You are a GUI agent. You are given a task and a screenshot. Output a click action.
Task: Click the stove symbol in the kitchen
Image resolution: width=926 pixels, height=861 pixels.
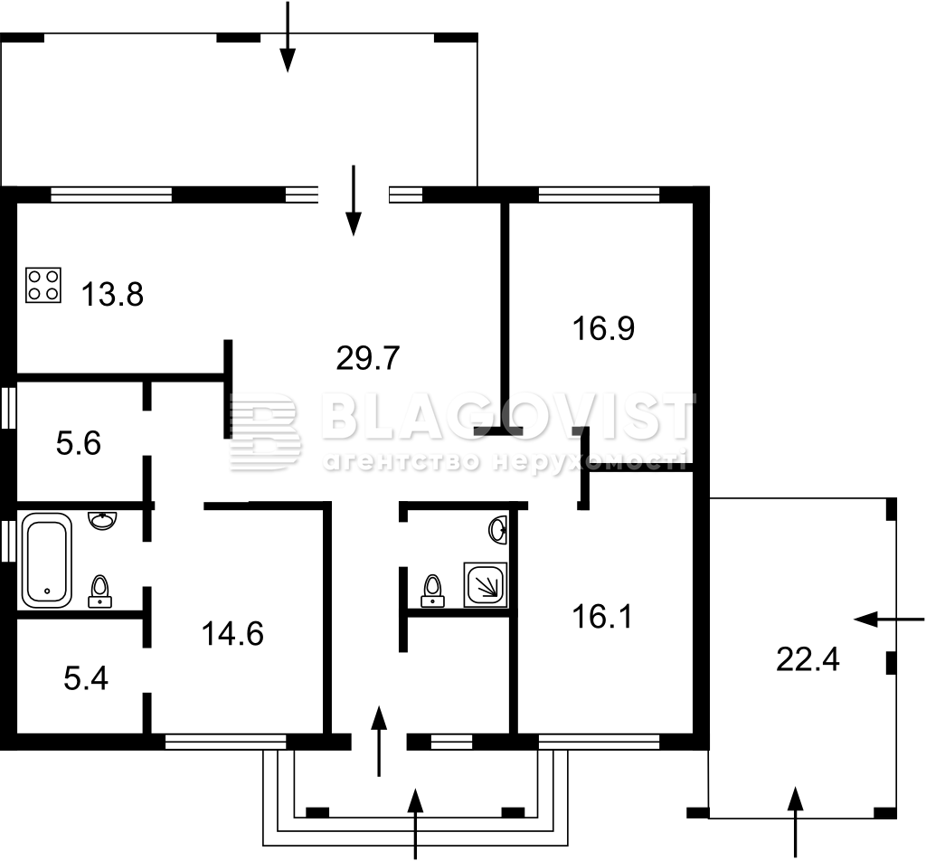(x=43, y=285)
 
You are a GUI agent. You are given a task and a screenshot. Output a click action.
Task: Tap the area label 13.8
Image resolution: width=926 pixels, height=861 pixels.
(x=112, y=294)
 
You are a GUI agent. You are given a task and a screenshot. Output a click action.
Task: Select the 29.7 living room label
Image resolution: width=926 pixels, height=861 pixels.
(x=368, y=358)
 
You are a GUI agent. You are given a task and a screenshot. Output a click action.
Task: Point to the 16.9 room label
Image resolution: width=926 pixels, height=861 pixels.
(x=603, y=328)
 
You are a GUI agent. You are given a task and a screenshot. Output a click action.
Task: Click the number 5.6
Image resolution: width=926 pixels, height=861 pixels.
(x=79, y=443)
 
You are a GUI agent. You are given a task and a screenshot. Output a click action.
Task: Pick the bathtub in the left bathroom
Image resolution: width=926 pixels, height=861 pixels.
(x=47, y=561)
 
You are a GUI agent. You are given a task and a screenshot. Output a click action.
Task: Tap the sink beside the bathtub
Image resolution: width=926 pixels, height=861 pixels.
(x=102, y=520)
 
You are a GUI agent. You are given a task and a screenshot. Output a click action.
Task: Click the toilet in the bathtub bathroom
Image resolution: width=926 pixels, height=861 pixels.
(x=100, y=591)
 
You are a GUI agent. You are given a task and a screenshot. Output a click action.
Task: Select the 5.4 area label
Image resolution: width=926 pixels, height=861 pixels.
(x=86, y=678)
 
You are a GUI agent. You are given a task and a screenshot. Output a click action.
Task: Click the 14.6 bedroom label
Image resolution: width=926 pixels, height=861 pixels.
(x=232, y=634)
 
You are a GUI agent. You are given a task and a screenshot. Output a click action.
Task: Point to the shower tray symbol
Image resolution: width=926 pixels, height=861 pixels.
(x=485, y=584)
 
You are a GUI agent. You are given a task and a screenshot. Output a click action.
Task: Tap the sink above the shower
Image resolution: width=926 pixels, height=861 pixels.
(x=498, y=530)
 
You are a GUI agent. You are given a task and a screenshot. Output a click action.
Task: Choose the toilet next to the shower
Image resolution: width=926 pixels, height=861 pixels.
(x=433, y=591)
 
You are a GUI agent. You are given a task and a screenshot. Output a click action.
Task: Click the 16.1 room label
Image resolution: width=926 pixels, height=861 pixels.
(x=602, y=617)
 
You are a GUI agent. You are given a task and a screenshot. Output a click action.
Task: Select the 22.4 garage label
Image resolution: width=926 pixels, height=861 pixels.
(x=808, y=659)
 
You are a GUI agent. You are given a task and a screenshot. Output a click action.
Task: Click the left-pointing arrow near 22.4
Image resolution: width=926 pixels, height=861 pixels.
(x=889, y=620)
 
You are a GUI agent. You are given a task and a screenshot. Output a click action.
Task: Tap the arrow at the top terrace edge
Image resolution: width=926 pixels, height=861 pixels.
(x=288, y=36)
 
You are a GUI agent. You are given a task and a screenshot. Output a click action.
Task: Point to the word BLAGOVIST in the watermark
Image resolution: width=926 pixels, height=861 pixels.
(x=509, y=416)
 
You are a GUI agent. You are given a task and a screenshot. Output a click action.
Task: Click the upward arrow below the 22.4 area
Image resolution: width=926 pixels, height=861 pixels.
(x=796, y=822)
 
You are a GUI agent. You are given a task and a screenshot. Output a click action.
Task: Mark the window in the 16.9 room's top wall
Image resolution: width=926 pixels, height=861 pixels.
(x=599, y=194)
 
